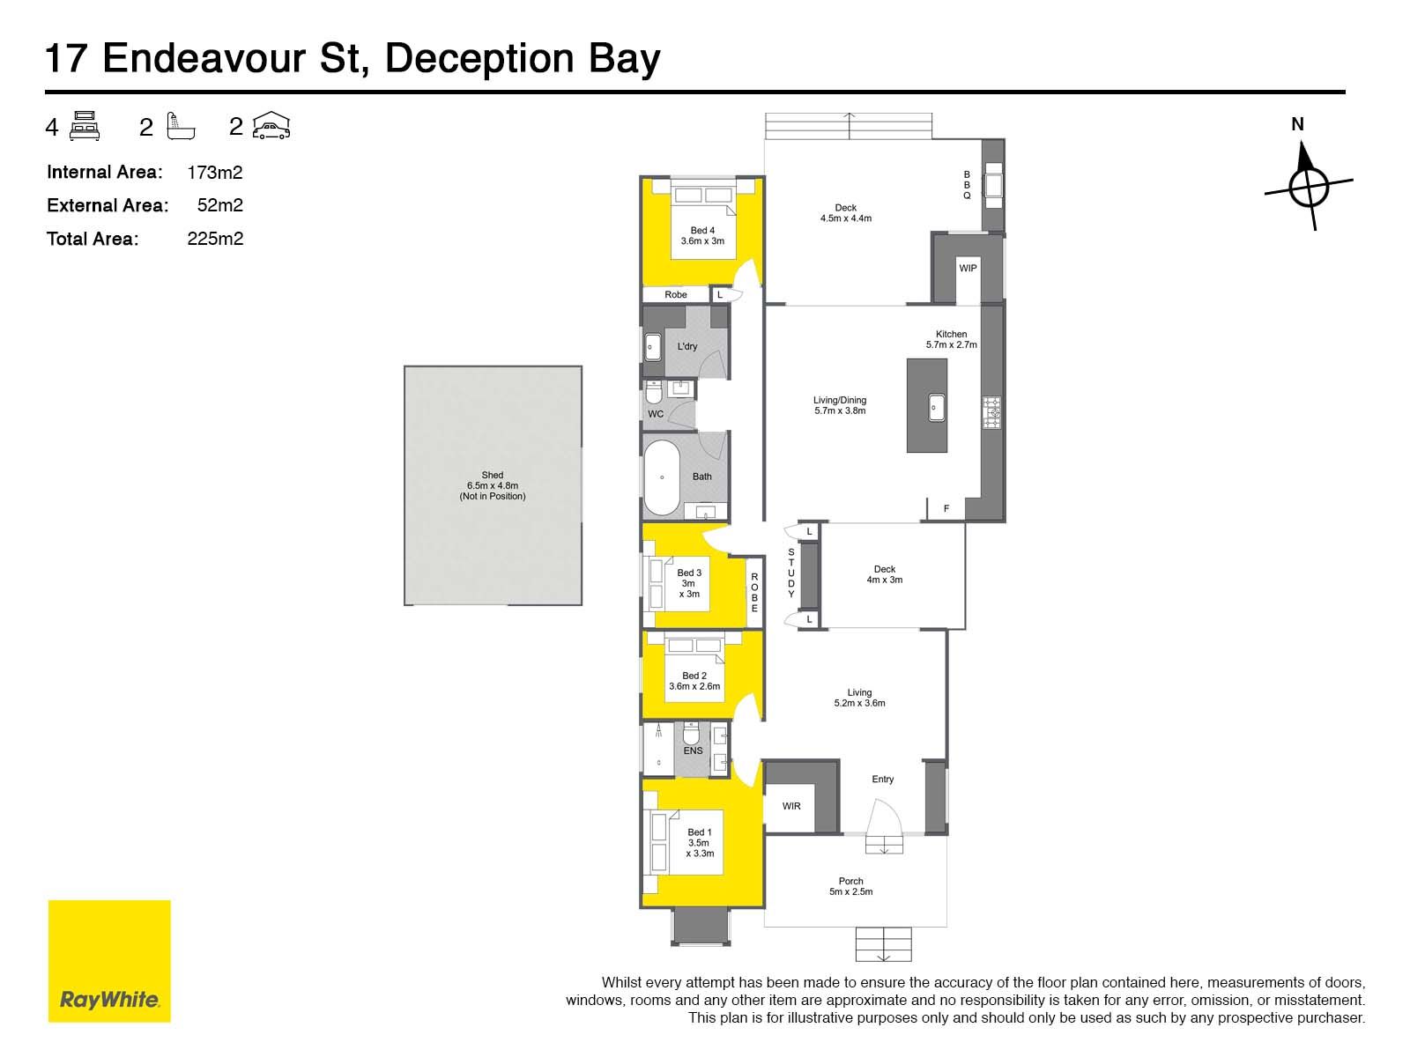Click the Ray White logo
(109, 961)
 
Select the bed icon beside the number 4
(84, 126)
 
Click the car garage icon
(271, 125)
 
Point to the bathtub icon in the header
(181, 126)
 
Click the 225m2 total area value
(215, 239)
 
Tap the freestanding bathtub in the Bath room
(662, 477)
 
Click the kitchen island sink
(937, 408)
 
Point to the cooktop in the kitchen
(991, 412)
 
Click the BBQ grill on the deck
(993, 186)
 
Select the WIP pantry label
(968, 269)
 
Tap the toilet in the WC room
(654, 391)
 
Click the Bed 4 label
(702, 231)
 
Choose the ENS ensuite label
(693, 750)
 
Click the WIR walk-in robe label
(791, 806)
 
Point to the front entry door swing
(885, 817)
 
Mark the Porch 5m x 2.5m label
(850, 886)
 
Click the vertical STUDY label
(790, 573)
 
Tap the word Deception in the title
(479, 58)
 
